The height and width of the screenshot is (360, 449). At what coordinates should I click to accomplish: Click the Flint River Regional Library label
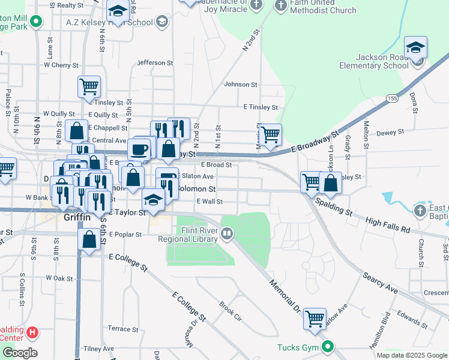187,234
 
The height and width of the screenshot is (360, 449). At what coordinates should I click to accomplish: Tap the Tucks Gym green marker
328,347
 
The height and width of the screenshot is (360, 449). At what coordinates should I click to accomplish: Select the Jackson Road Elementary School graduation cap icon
415,48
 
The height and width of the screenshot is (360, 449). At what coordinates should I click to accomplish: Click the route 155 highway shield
392,98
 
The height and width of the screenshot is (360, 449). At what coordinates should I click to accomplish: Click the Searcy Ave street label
379,281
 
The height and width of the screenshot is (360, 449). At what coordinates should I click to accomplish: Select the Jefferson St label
155,62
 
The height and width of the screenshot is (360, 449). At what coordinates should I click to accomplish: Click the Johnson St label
240,85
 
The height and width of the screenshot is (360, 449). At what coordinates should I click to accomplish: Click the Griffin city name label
77,218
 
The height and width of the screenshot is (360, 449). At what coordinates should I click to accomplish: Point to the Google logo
19,353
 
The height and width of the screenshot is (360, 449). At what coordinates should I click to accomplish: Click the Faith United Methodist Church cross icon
280,5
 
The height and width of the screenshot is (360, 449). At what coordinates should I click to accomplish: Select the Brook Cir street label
229,311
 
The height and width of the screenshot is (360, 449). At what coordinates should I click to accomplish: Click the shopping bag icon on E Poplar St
89,240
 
